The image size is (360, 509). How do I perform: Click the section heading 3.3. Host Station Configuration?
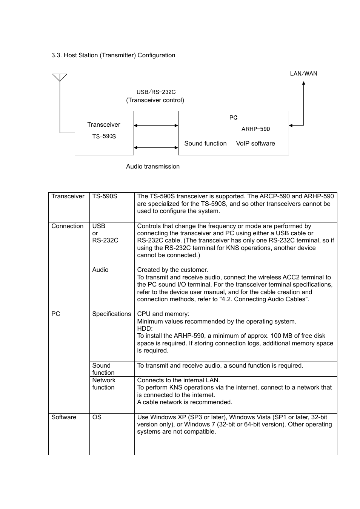click(x=113, y=55)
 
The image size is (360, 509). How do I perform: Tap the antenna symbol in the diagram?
click(x=60, y=78)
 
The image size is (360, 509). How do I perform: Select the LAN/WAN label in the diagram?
click(x=303, y=74)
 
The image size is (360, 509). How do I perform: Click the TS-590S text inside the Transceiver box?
click(x=104, y=136)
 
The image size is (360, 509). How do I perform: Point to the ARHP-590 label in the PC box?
click(x=255, y=129)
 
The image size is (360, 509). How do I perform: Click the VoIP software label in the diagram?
click(x=255, y=144)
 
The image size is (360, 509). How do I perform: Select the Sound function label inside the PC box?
click(x=205, y=144)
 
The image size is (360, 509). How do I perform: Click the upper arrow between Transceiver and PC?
click(x=156, y=126)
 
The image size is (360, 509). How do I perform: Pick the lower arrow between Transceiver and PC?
click(x=156, y=148)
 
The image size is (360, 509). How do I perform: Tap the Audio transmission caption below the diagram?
click(x=153, y=167)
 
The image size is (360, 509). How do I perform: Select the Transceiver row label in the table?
click(x=68, y=196)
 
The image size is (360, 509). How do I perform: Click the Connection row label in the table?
click(x=68, y=226)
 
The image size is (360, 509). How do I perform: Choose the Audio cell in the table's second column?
click(x=100, y=270)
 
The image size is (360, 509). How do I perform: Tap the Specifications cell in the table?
click(x=112, y=314)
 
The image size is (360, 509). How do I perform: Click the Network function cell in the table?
click(x=104, y=384)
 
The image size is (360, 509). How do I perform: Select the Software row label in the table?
click(x=64, y=417)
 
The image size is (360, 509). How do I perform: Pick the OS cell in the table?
click(x=97, y=417)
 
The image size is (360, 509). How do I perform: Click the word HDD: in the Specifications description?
click(x=145, y=329)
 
